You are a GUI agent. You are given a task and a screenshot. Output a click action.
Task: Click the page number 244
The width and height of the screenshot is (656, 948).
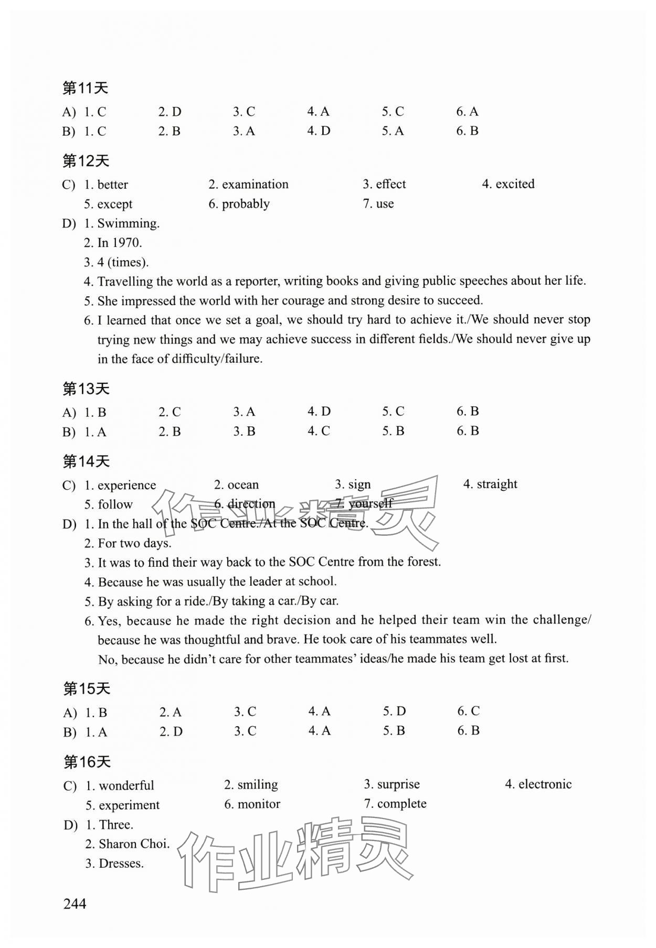(75, 903)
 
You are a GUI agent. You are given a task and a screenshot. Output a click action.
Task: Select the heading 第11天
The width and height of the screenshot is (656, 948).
(86, 88)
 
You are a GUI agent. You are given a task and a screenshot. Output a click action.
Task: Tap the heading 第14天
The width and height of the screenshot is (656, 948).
(86, 461)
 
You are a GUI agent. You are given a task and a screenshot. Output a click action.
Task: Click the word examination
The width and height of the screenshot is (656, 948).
(255, 185)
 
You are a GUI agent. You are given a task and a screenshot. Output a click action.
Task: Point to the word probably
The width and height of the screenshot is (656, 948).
(246, 204)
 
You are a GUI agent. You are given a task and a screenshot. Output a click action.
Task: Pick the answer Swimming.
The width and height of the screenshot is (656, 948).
(128, 223)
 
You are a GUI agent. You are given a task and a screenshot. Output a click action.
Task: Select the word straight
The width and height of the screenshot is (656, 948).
(496, 484)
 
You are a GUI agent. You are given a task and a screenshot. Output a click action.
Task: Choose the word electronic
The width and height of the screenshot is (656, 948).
(545, 784)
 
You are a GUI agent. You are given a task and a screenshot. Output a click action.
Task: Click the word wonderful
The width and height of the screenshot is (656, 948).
(126, 785)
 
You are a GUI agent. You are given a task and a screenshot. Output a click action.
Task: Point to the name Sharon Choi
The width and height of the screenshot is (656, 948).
(134, 844)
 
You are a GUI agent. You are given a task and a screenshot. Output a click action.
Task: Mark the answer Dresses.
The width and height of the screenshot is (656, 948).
(121, 863)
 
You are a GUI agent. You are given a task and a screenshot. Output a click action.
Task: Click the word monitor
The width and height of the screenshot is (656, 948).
(259, 804)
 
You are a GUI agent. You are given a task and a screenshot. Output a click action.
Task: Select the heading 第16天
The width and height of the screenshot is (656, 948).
(87, 762)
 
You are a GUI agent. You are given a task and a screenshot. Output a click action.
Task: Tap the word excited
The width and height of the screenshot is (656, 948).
(515, 184)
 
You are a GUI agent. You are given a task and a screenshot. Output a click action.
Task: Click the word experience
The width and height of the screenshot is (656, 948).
(126, 485)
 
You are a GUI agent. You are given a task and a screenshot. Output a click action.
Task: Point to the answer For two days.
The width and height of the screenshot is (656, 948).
(134, 543)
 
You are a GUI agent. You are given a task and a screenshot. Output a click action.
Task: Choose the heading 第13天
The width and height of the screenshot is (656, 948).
(86, 389)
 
